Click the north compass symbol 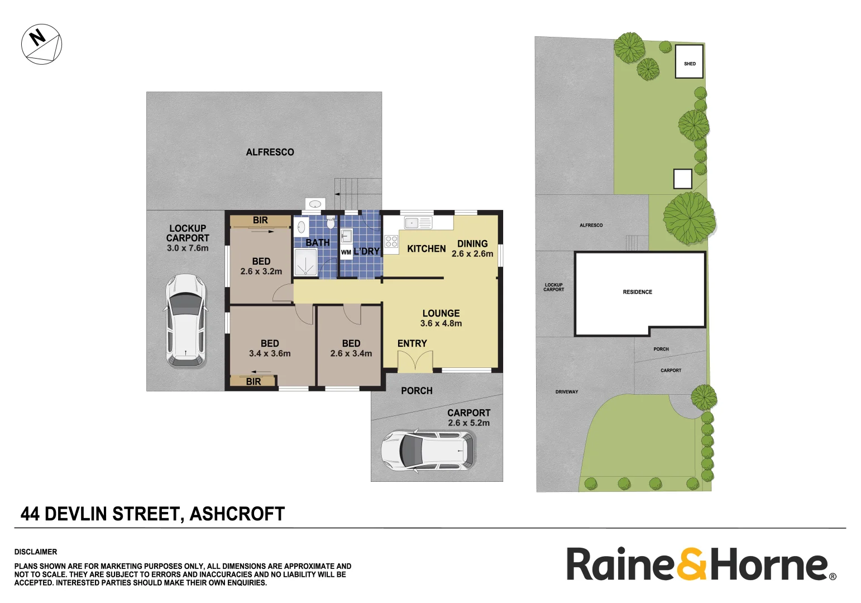point(41,44)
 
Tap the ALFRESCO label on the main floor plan point(270,152)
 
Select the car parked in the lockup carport point(185,320)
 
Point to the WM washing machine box point(346,252)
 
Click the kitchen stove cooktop point(391,242)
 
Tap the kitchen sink point(418,223)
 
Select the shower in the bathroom point(305,262)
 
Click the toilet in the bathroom point(331,223)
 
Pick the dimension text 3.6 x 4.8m point(441,323)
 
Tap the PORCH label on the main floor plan point(417,391)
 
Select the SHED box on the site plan point(689,62)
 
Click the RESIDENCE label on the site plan point(637,292)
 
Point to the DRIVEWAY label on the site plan point(567,392)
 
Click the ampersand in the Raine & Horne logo point(692,564)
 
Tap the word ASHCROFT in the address point(237,514)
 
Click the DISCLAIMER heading point(36,552)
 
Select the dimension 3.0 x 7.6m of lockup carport point(188,248)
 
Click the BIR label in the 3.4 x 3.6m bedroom point(253,381)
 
